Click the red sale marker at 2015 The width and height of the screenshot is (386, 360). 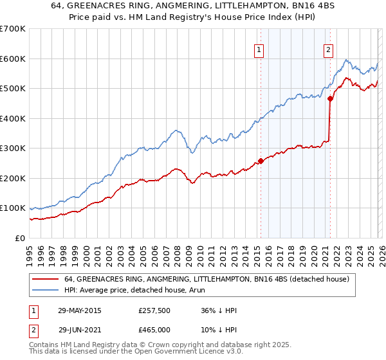[261, 161]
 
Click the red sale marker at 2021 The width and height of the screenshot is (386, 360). [330, 98]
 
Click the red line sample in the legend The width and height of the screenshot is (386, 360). [46, 279]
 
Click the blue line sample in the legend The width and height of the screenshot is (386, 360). [46, 290]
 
